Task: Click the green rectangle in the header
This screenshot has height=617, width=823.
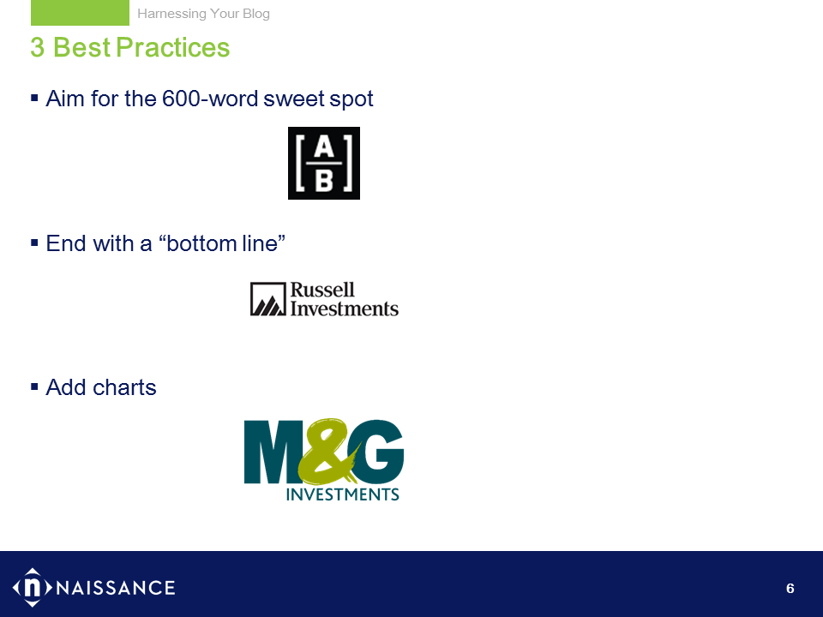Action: pyautogui.click(x=80, y=13)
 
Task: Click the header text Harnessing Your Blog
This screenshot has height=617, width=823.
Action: pyautogui.click(x=204, y=14)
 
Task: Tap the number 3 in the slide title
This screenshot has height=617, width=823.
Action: pyautogui.click(x=37, y=48)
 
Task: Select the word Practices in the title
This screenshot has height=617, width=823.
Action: pyautogui.click(x=172, y=48)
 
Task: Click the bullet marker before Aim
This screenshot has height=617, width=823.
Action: pyautogui.click(x=34, y=98)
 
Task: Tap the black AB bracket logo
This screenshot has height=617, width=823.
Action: pyautogui.click(x=324, y=163)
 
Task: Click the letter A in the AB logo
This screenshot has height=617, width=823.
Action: pyautogui.click(x=324, y=147)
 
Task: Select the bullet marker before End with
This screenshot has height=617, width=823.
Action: pyautogui.click(x=34, y=243)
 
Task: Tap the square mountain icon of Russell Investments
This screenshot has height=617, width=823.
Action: pyautogui.click(x=268, y=299)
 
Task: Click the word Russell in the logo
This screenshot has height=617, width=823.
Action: pyautogui.click(x=322, y=290)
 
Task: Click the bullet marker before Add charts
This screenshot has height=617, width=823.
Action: pyautogui.click(x=34, y=386)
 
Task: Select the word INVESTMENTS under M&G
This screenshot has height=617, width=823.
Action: pyautogui.click(x=342, y=494)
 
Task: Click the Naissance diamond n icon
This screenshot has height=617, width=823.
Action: pyautogui.click(x=33, y=587)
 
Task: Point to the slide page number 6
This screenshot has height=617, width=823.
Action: pyautogui.click(x=790, y=588)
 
